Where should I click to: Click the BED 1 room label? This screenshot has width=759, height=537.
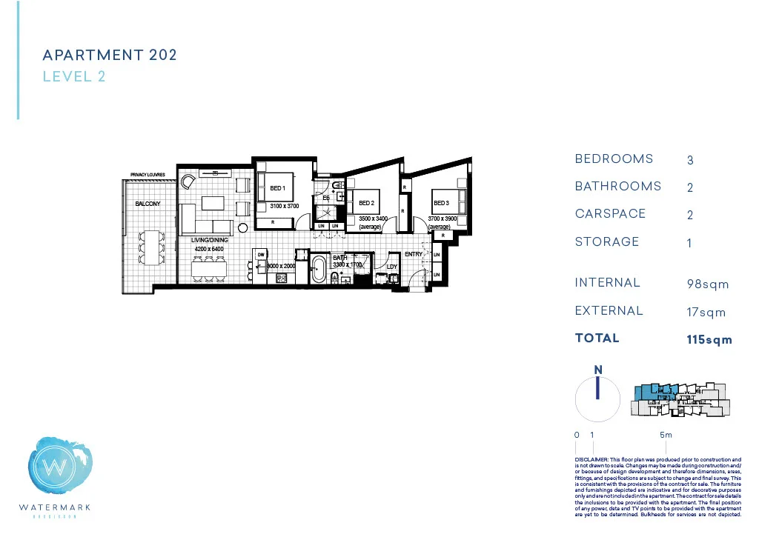[277, 188]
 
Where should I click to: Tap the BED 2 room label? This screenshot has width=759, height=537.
[366, 203]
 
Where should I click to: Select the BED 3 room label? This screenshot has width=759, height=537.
[441, 203]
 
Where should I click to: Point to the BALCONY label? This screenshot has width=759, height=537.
[148, 204]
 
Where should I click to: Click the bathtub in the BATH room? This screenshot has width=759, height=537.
[319, 269]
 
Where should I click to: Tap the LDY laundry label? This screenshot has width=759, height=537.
[392, 267]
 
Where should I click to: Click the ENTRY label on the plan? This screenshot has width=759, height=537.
[413, 255]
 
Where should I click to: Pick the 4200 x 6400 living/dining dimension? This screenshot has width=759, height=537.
[209, 250]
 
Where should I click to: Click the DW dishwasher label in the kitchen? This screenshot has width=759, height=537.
[261, 255]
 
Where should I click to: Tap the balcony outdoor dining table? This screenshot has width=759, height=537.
[153, 243]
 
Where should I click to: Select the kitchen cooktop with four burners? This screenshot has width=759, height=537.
[282, 278]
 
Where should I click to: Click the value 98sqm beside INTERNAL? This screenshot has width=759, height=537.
[708, 284]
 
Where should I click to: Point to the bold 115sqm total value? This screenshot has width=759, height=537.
[709, 340]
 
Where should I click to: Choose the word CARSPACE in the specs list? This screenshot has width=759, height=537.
[610, 214]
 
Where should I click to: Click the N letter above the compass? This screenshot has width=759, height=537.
[597, 370]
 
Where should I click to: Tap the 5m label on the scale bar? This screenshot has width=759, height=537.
[666, 436]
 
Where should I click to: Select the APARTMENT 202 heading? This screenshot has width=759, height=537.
[110, 56]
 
